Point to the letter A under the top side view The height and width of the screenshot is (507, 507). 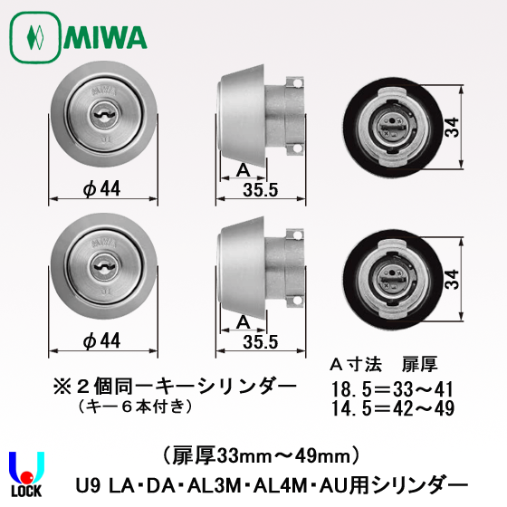pos(243,170)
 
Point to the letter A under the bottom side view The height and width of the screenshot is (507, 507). pos(242,321)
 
